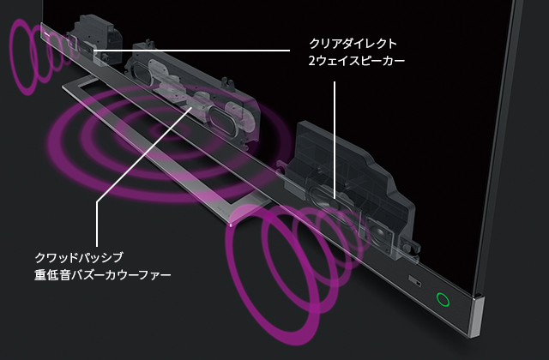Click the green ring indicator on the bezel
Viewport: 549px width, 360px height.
coord(443,299)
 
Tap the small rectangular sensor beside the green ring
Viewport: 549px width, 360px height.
coord(415,281)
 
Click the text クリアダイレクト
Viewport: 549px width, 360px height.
coord(353,44)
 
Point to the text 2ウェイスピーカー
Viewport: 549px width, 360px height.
coord(357,61)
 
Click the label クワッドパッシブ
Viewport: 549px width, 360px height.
coord(79,257)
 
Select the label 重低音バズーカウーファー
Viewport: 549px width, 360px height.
coord(103,274)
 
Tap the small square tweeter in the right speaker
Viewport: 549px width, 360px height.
coord(379,235)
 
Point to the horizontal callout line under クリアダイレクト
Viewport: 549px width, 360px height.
coord(191,51)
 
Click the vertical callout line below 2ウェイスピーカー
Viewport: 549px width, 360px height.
coord(335,140)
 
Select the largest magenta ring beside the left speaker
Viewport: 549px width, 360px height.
coord(22,57)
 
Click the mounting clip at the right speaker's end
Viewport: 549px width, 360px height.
coord(410,246)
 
